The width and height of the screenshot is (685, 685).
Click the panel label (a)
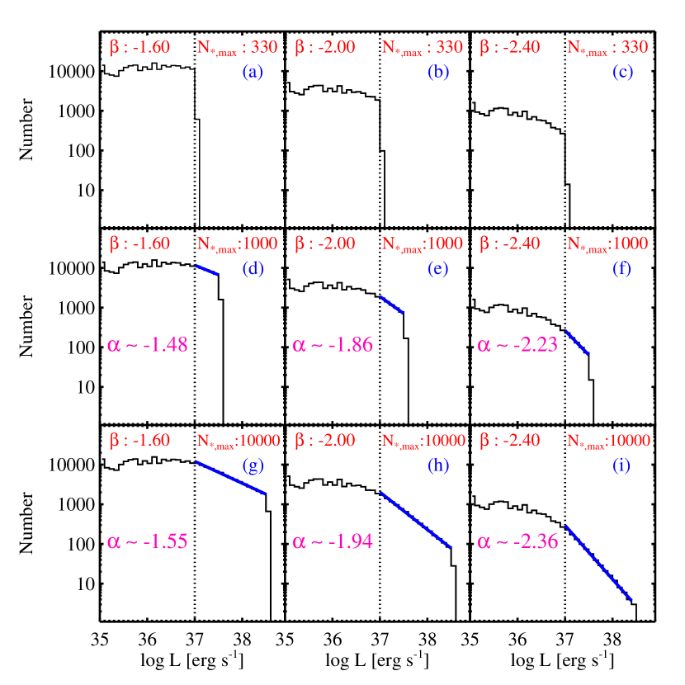tap(253, 72)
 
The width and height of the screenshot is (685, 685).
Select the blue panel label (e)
tap(438, 268)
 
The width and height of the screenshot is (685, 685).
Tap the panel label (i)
tap(621, 465)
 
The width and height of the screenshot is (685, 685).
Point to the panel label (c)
tap(623, 72)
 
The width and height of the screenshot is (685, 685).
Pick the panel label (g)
tap(253, 465)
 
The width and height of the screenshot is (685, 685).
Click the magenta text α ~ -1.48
tap(148, 344)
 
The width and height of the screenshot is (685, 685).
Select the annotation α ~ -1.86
tap(333, 344)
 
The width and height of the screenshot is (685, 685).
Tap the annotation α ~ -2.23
tap(517, 344)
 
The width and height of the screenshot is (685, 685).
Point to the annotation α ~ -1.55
tap(148, 541)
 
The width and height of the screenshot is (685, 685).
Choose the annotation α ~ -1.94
tap(333, 541)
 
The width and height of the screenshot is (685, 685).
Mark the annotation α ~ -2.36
tap(517, 541)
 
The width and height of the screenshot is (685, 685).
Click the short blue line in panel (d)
tap(206, 270)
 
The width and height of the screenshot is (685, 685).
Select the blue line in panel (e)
tap(392, 305)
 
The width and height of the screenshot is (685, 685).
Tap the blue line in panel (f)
tap(577, 343)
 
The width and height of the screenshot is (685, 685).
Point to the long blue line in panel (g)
tap(230, 478)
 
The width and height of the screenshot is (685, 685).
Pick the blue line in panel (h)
tap(415, 520)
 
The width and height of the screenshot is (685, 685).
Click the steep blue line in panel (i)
tap(598, 563)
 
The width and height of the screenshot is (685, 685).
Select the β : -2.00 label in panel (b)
tap(325, 47)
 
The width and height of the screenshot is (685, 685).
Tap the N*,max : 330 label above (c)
tap(607, 48)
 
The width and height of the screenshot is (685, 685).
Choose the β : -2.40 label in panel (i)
tap(510, 440)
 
